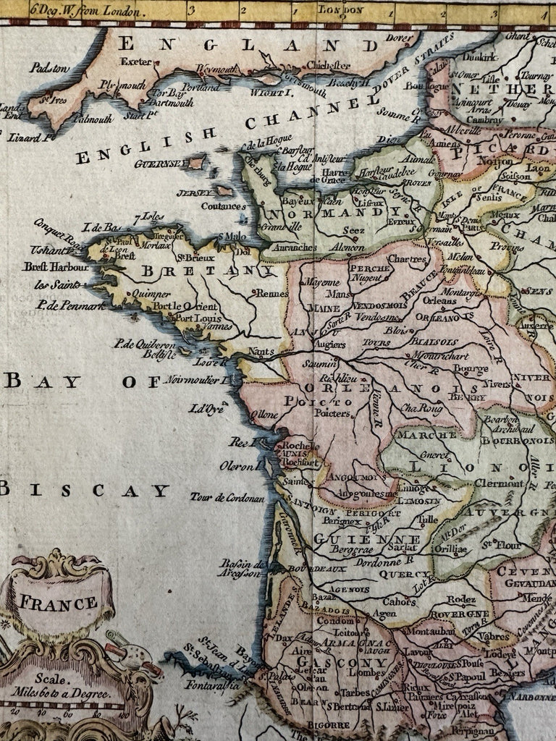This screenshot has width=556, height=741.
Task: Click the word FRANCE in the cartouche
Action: pyautogui.click(x=57, y=603)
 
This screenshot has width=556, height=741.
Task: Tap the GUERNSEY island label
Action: pyautogui.click(x=159, y=164)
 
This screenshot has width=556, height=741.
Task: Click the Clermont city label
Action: pyautogui.click(x=499, y=483)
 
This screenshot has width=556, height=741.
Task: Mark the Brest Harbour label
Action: pyautogui.click(x=56, y=266)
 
